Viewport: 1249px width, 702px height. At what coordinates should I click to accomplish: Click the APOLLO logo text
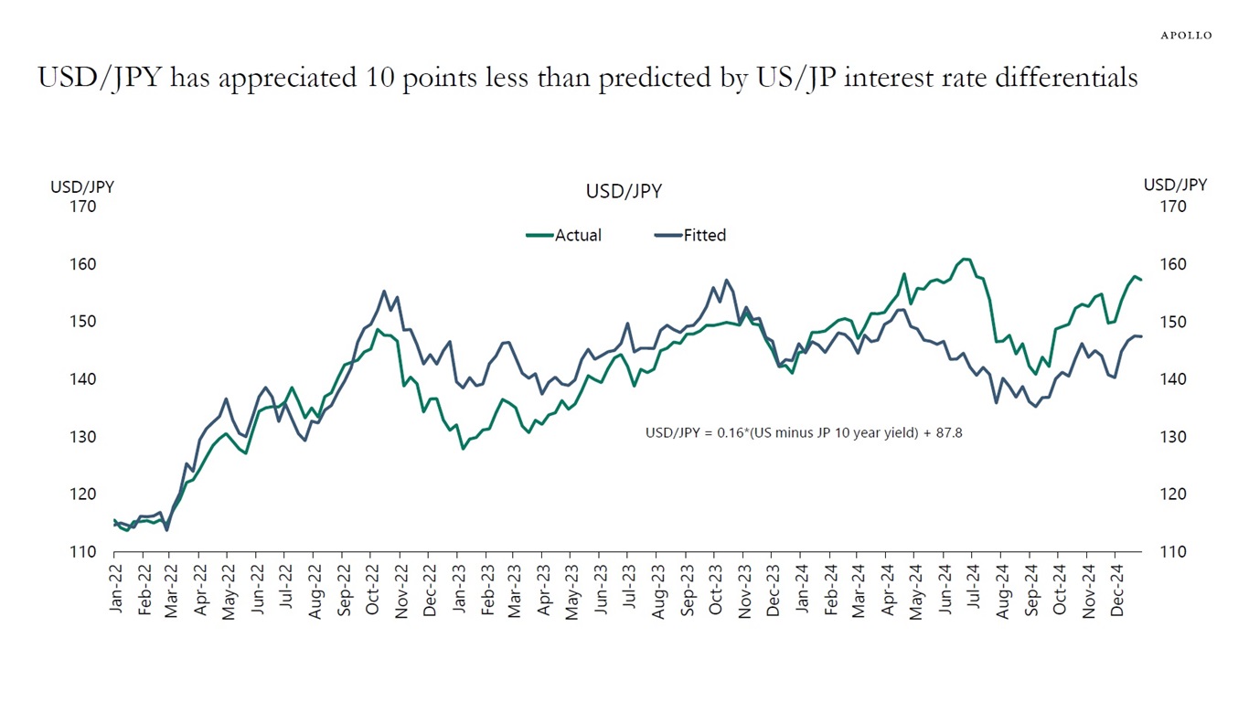[x=1186, y=35]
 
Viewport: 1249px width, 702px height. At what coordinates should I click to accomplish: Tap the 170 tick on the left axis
[x=82, y=207]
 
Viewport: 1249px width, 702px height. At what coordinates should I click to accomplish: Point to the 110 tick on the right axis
[x=1173, y=552]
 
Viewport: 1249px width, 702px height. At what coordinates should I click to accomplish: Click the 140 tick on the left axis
[x=82, y=379]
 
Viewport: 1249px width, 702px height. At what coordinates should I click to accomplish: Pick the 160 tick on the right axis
[x=1173, y=264]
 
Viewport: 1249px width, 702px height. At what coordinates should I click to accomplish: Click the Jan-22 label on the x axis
[x=116, y=590]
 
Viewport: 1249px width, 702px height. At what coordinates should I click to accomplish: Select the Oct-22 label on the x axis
[x=373, y=590]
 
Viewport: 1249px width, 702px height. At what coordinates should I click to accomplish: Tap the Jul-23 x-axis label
[x=629, y=590]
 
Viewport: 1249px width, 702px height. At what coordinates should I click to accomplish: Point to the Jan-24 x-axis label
[x=801, y=590]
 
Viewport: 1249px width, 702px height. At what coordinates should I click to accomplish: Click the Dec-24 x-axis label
[x=1116, y=590]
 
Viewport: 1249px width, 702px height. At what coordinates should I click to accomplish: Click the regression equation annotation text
[x=804, y=433]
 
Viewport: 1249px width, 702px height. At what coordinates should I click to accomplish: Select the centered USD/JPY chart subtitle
[x=624, y=192]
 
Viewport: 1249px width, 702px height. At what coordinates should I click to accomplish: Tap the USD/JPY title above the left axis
[x=82, y=186]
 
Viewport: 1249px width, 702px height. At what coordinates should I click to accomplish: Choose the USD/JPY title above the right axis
[x=1175, y=185]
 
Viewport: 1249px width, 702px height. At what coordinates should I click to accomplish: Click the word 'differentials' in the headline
[x=1070, y=78]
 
